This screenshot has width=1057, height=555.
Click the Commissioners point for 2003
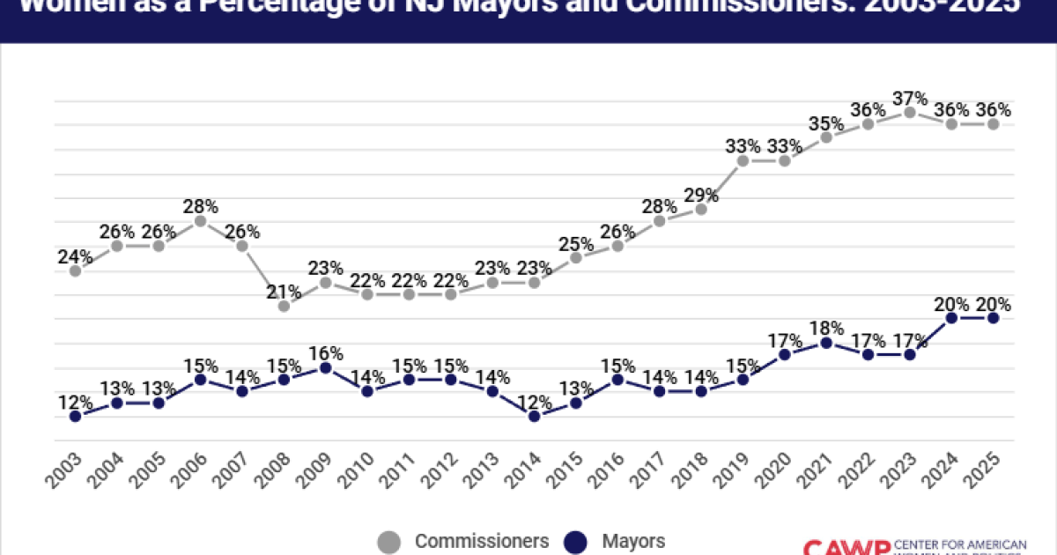pos(76,270)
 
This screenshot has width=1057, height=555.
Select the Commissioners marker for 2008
pos(284,307)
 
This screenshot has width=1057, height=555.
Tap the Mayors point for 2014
pos(534,416)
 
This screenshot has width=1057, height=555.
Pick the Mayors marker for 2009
pos(326,367)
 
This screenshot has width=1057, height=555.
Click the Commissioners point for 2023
pos(910,112)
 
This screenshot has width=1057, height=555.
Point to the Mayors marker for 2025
pos(993,318)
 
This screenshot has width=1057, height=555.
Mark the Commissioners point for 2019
pos(743,161)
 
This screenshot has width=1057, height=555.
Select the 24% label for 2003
pos(76,257)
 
